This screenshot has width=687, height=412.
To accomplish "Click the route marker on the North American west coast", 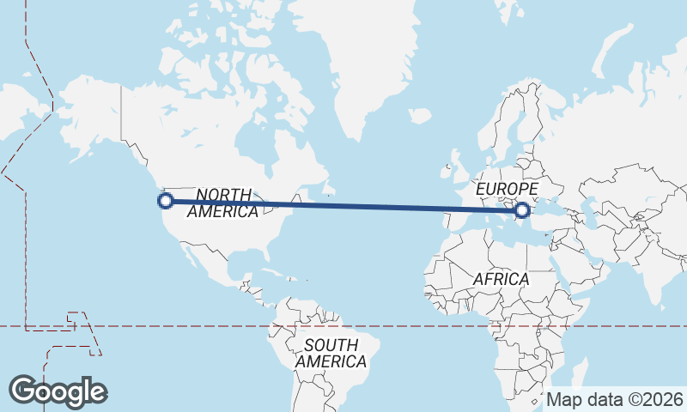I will pos(166,201).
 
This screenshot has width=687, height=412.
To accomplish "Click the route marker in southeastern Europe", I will pos(521,209).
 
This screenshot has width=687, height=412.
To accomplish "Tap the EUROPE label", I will pos(507,189).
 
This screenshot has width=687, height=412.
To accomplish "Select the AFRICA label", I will pos(501,280).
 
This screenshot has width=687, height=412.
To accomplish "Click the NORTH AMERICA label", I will pos(223,203).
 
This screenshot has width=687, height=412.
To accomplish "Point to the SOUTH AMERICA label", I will pos(331,353).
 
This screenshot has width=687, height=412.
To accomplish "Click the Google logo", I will pos(58,391).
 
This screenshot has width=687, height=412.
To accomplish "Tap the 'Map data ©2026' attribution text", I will pos(614,400).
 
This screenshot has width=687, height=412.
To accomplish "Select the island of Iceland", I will pos(420,114).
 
